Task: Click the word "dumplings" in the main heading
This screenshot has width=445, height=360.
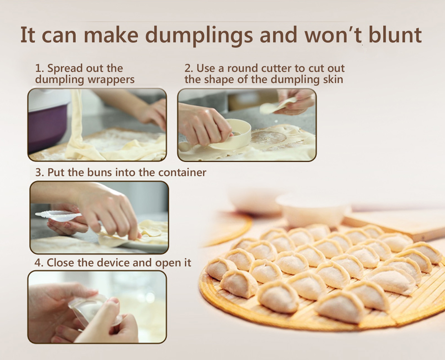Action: [x=199, y=36]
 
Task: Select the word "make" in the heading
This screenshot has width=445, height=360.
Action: [x=111, y=34]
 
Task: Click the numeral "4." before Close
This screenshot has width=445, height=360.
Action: [x=39, y=263]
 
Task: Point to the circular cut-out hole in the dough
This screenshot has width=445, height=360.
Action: [x=268, y=138]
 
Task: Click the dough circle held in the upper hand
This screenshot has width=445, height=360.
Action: [x=278, y=106]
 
